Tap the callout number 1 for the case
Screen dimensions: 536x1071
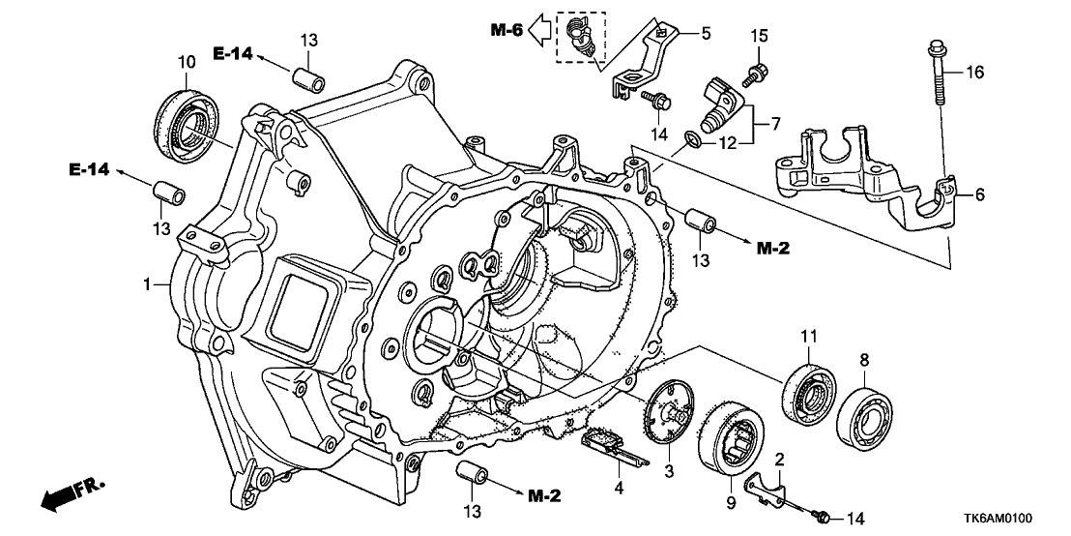148,284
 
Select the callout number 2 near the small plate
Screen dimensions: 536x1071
778,459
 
